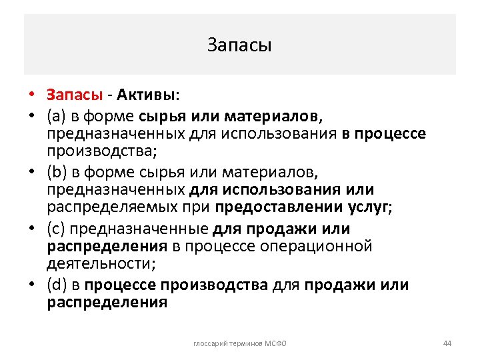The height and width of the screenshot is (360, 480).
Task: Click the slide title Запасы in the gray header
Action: coord(239,45)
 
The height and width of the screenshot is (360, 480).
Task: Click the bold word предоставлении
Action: coord(281,207)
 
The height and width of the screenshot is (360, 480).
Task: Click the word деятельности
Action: coord(100,263)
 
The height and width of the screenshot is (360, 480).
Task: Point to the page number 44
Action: coord(447,343)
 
